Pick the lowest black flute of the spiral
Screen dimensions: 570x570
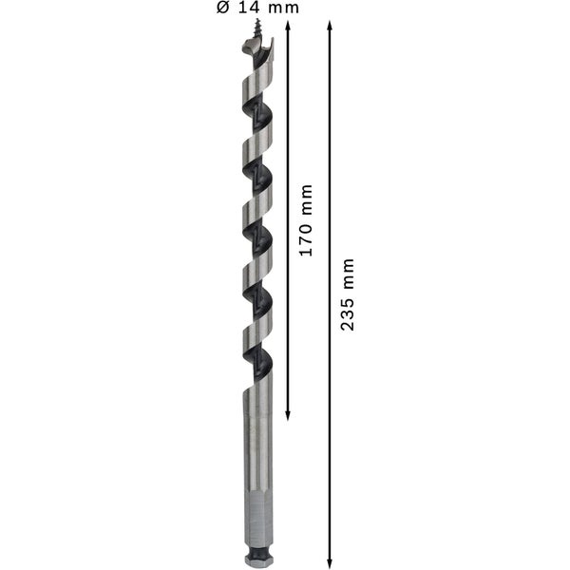256,357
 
